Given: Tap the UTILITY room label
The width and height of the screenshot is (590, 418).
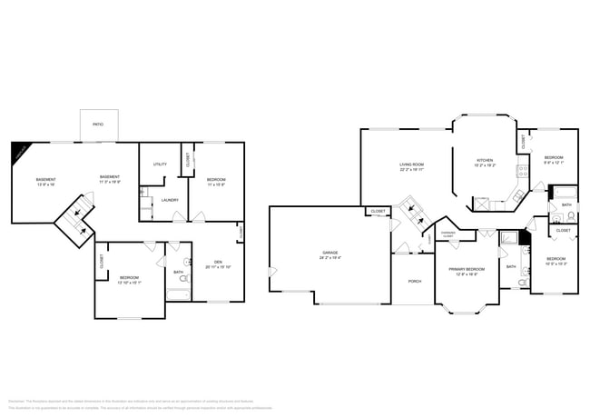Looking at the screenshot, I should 160,164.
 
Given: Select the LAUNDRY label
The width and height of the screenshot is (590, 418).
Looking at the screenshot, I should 169,200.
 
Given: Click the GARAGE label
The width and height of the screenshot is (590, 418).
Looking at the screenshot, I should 330,252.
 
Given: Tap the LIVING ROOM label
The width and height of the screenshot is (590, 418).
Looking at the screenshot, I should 411,164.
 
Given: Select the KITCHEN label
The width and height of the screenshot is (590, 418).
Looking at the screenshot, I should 485,161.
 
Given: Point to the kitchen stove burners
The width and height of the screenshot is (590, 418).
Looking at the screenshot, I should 523,170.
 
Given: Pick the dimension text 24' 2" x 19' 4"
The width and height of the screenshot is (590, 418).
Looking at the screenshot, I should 330,258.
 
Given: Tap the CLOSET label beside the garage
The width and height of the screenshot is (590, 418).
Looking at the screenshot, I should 378,212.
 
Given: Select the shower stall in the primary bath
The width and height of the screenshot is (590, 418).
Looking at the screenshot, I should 509,238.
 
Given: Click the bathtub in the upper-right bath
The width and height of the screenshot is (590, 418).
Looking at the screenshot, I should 565,192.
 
